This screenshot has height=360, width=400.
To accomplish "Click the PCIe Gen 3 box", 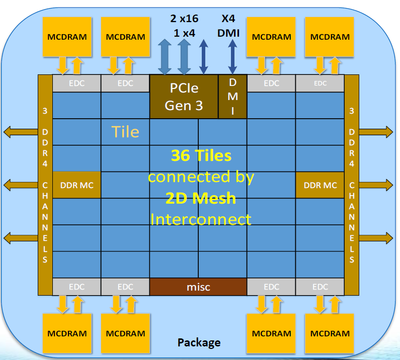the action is tap(184, 97).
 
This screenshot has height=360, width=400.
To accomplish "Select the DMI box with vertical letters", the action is tap(232, 97).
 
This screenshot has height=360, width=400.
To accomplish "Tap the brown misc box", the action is tap(198, 287).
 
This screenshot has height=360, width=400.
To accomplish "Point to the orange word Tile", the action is tap(125, 132).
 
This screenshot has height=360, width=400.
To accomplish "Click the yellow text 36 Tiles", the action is tap(201, 155).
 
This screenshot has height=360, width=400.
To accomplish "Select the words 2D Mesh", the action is tap(201, 198).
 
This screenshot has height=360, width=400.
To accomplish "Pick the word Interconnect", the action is tap(201, 219).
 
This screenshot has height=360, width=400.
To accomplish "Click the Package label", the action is tap(199, 342).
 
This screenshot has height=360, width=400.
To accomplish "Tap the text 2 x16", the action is tap(184, 19).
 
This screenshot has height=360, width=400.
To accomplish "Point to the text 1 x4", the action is tap(184, 33).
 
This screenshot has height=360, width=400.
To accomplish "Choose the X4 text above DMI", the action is tap(228, 19).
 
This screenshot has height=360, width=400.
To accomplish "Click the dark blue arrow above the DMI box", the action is tap(232, 57).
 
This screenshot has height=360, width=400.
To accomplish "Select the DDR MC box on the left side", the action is tap(77, 185).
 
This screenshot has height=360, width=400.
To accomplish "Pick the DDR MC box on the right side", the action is tap(320, 185).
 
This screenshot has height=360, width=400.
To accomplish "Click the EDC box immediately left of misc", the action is tap(125, 287).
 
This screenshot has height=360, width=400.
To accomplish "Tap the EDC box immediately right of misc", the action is tap(271, 287).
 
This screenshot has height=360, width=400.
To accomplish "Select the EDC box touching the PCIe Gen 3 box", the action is tap(125, 83).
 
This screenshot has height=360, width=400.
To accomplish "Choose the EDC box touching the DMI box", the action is tap(271, 83).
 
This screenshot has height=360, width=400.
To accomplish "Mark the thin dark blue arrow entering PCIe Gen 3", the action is tap(203, 57).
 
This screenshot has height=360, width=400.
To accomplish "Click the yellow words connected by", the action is tap(201, 177).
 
